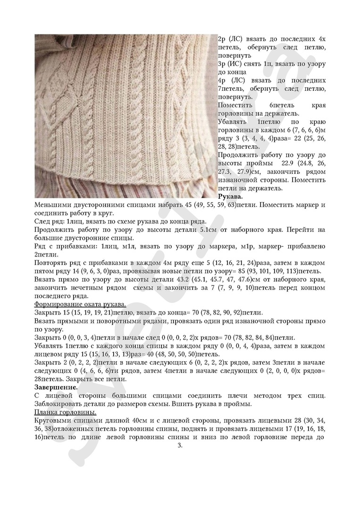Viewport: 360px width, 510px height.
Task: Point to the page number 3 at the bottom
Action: click(180, 445)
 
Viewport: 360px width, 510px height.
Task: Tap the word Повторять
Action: click(54, 263)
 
